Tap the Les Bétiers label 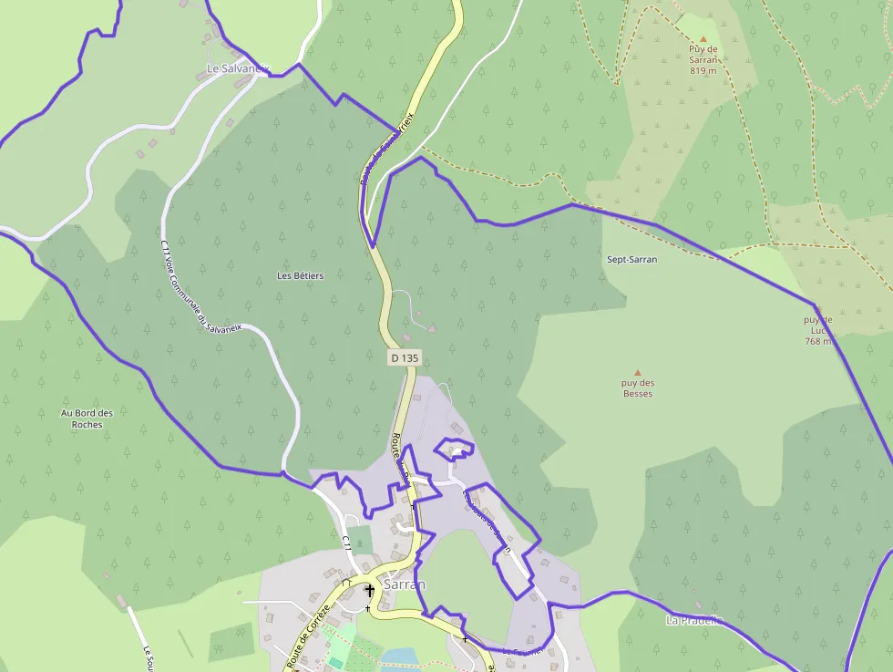(301, 275)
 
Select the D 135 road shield (405, 358)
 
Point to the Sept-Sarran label (631, 259)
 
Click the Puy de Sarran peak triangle (703, 38)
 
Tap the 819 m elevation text (703, 70)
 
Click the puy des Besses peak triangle (637, 372)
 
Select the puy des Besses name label (637, 388)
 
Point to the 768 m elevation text (818, 342)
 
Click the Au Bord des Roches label (87, 419)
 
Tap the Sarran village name (405, 584)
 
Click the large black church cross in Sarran (369, 591)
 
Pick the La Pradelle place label (694, 621)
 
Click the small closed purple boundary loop (454, 448)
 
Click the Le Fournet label (522, 650)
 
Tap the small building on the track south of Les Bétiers (432, 327)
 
